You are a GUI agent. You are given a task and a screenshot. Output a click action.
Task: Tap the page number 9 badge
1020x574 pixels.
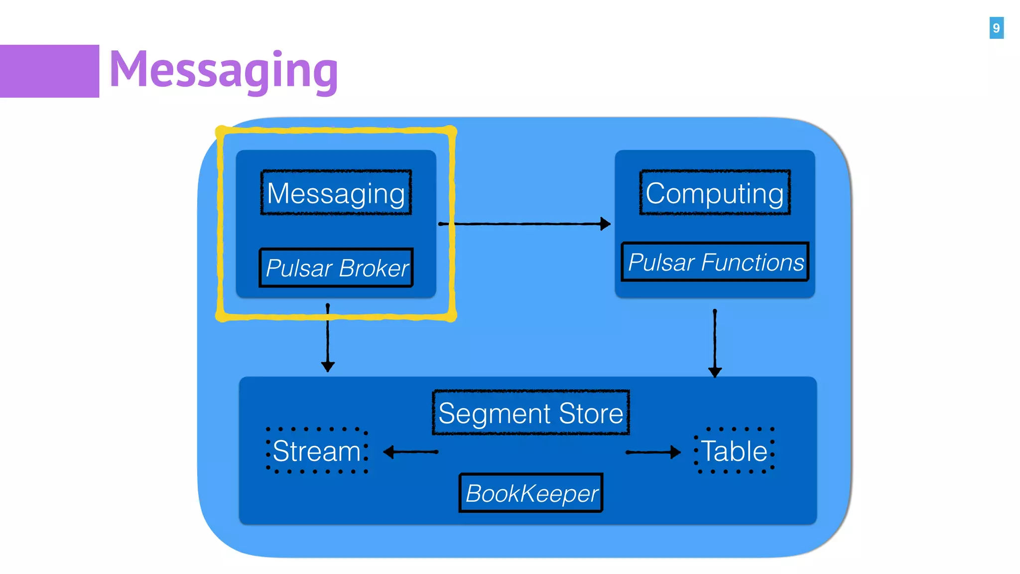tap(996, 28)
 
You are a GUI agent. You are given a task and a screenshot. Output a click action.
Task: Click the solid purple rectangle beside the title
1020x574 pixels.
tap(49, 71)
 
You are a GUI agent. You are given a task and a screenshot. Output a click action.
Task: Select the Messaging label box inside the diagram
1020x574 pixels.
tap(336, 193)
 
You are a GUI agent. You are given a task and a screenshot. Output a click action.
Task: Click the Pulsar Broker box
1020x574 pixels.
tap(336, 268)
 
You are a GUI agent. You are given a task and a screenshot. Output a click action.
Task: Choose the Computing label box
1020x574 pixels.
tap(715, 193)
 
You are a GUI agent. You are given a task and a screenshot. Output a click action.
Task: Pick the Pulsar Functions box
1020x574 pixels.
tap(715, 262)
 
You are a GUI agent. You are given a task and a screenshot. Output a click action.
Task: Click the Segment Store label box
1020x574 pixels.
tap(531, 413)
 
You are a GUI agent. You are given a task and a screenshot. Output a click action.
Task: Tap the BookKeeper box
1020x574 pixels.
tap(531, 493)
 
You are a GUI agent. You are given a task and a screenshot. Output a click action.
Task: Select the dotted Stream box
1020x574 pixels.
tap(317, 451)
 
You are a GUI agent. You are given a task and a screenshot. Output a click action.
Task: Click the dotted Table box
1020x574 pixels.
tap(735, 451)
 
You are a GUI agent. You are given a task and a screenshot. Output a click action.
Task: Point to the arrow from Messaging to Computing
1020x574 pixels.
tap(525, 224)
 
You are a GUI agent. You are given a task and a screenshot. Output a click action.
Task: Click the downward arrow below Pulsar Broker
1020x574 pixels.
tap(328, 339)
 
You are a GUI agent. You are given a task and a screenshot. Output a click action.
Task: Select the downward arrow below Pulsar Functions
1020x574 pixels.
tap(715, 344)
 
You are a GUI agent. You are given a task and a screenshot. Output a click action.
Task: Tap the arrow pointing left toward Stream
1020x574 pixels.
tap(411, 452)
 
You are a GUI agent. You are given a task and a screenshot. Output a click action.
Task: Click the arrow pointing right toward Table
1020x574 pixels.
tap(652, 452)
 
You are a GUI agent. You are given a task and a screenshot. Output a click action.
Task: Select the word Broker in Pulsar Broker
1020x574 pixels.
tap(374, 268)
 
